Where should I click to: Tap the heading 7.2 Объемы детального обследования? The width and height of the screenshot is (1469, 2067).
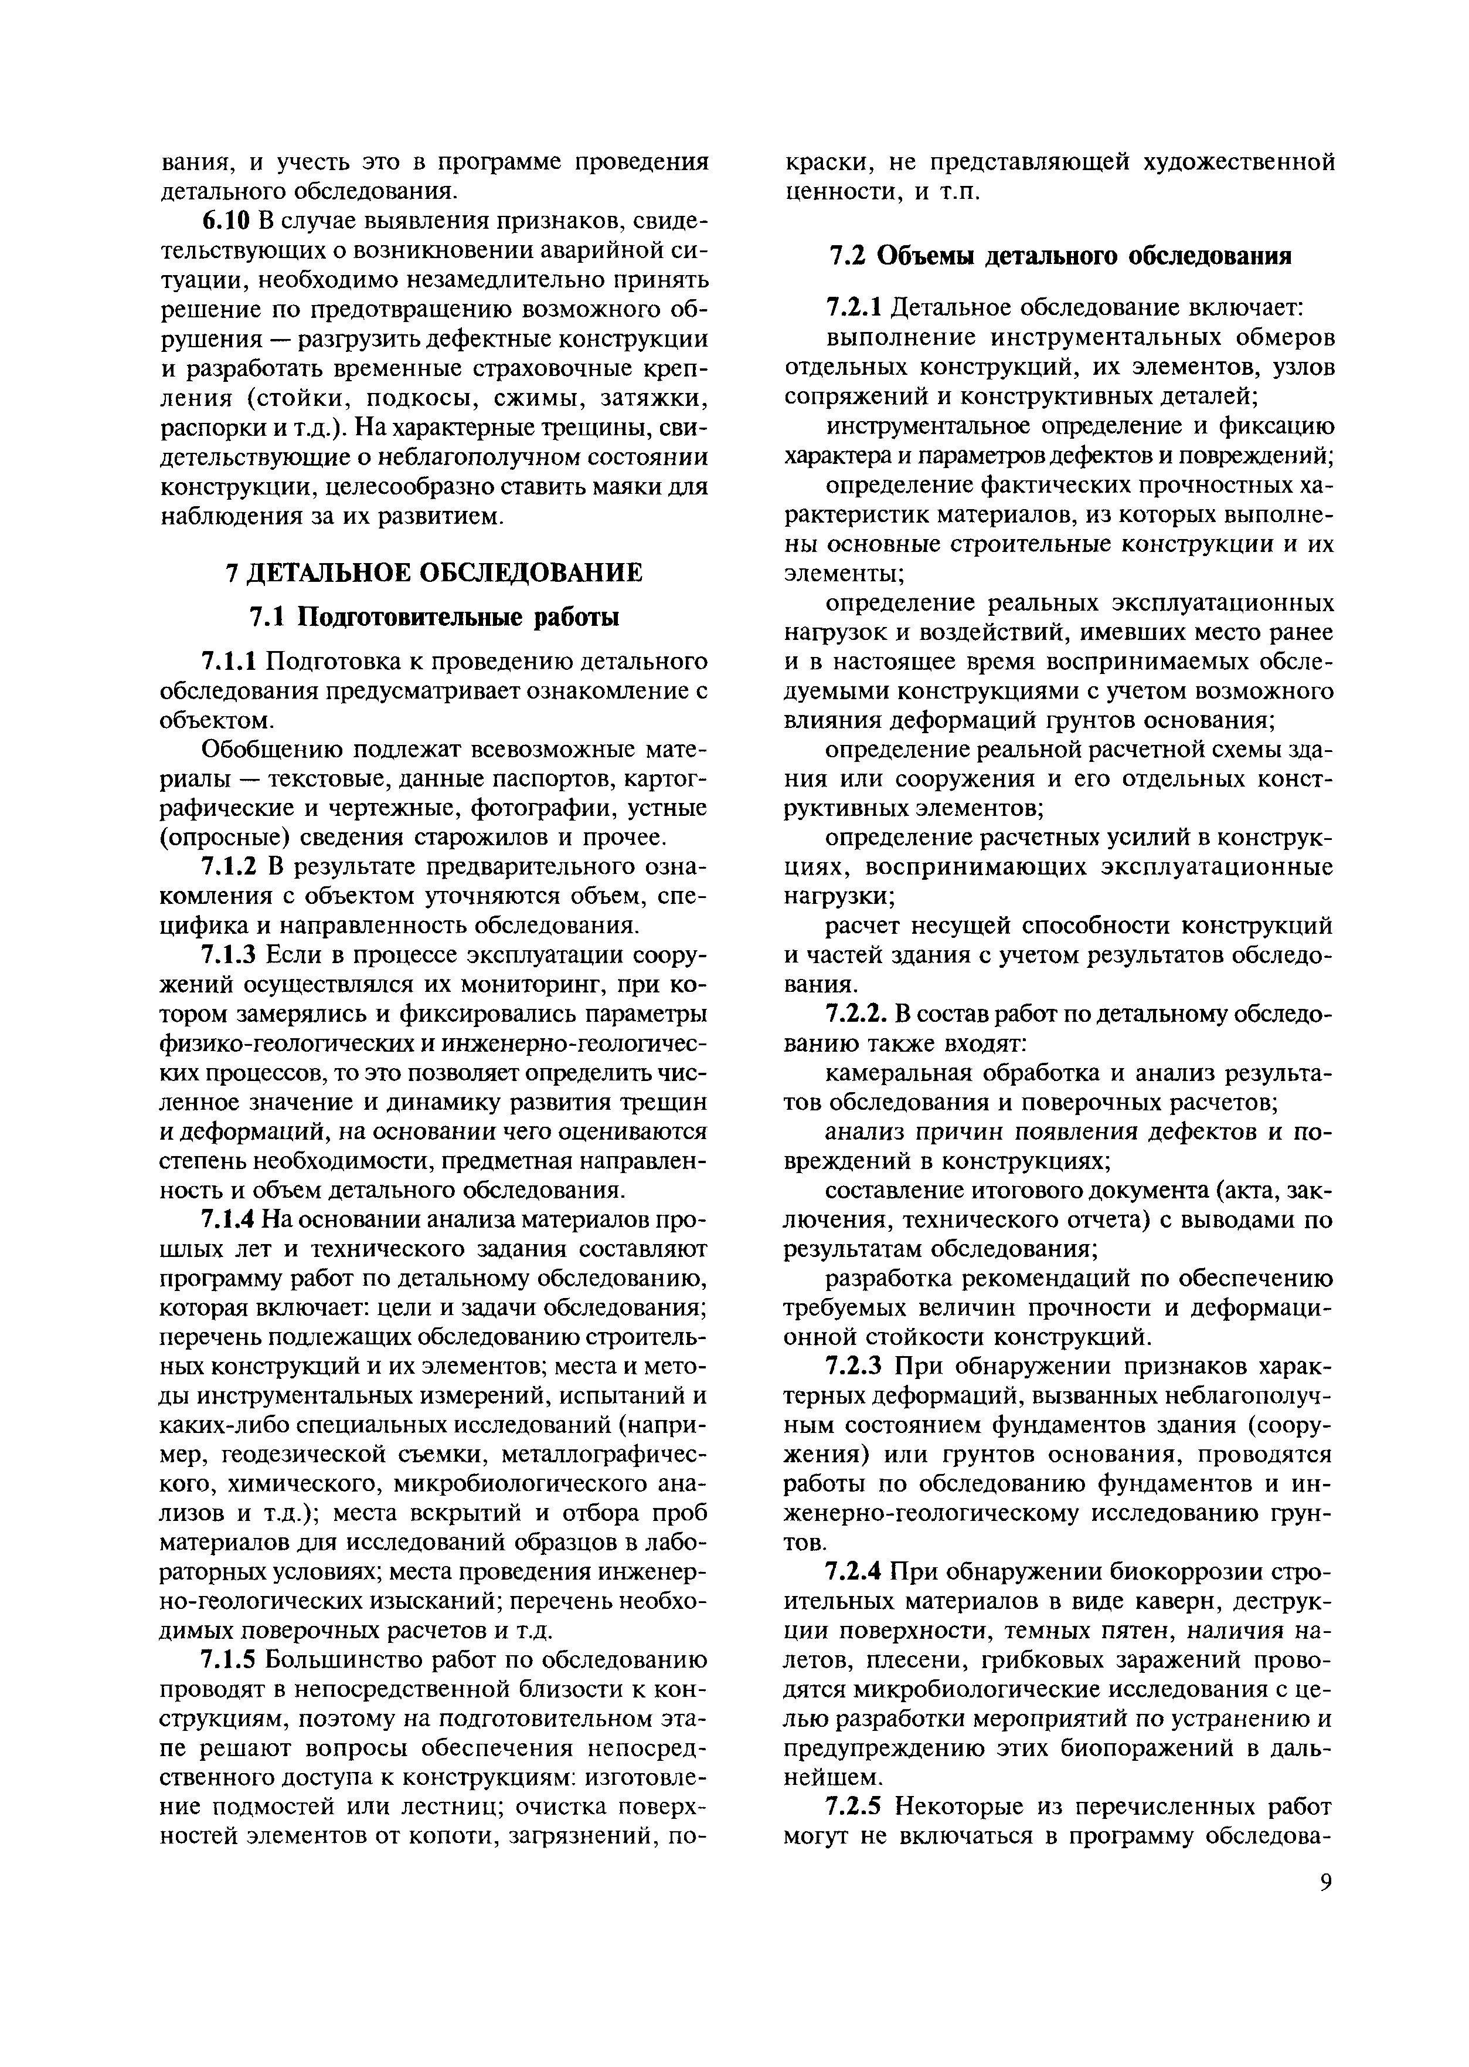coord(1058,256)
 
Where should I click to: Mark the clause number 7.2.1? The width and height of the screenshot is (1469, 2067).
coord(854,308)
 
